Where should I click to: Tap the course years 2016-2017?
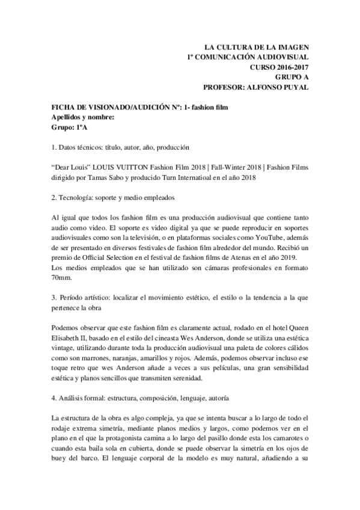tap(291, 67)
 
